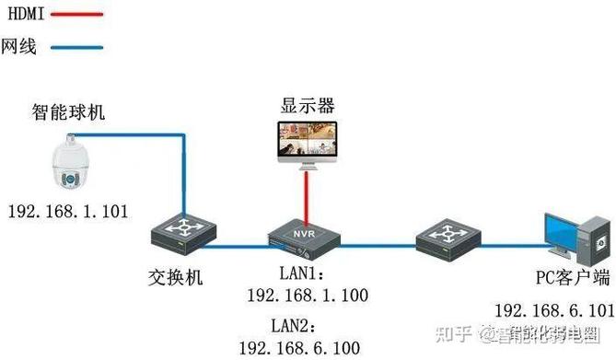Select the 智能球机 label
(67, 113)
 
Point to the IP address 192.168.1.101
(67, 212)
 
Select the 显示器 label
(308, 105)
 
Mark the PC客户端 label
(573, 277)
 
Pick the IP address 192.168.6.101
(554, 309)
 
